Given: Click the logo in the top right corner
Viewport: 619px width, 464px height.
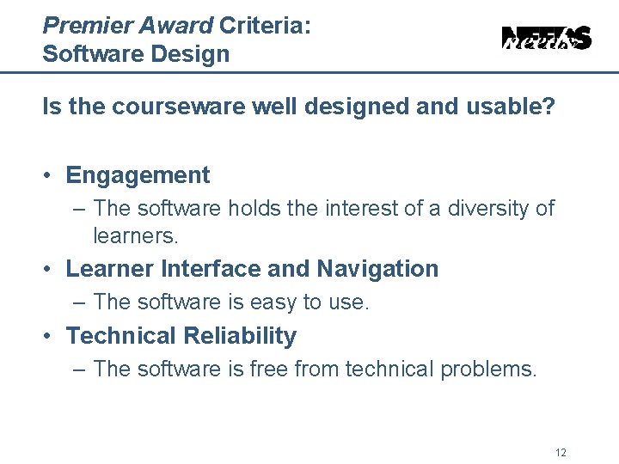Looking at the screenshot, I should click(x=547, y=38).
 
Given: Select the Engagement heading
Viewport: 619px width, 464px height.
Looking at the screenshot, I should click(x=138, y=175).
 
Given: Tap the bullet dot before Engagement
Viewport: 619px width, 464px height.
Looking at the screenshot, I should click(x=51, y=176).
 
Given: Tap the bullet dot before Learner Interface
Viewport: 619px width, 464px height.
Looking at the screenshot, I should click(x=51, y=270).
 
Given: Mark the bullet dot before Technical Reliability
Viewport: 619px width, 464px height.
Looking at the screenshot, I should click(x=51, y=337).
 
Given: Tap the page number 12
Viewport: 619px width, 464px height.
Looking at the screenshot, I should click(x=561, y=453).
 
